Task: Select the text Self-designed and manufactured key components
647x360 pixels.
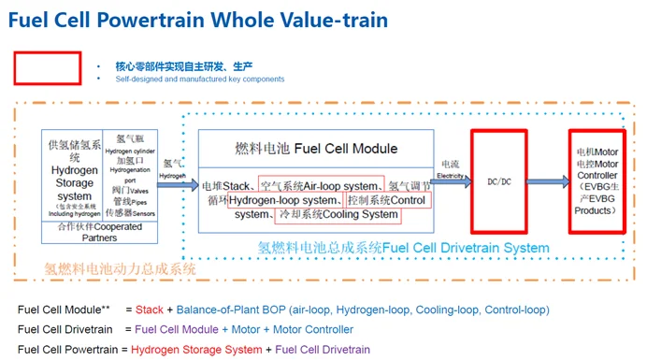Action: (x=200, y=79)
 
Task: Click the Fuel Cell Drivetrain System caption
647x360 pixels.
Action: (x=466, y=248)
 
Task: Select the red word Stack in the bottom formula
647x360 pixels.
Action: (x=150, y=310)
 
